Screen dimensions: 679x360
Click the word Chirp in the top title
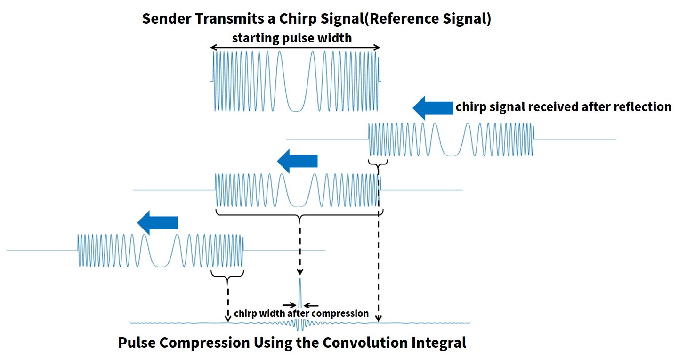pos(298,19)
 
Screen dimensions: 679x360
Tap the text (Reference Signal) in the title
pos(428,19)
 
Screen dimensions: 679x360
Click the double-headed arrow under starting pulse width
pos(295,47)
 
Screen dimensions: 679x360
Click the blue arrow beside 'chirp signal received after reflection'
pos(433,108)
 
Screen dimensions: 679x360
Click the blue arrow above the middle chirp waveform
pos(297,161)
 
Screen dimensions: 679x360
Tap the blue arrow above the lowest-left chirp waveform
pos(157,222)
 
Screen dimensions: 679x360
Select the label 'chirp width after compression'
pos(301,313)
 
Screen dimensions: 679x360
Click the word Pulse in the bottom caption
pos(137,343)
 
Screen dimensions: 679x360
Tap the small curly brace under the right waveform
pos(378,164)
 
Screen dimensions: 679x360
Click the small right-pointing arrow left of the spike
pos(290,305)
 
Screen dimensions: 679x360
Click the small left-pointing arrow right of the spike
pos(311,305)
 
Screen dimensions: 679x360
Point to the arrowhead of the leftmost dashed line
pos(227,319)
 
